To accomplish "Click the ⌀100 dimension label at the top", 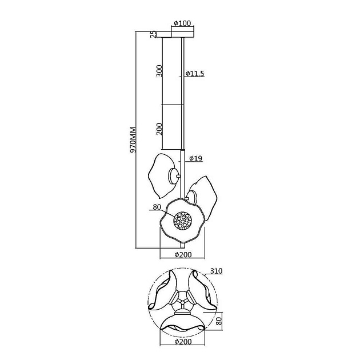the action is point(182,23).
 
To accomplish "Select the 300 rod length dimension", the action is point(159,71).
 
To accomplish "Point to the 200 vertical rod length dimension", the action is point(159,129).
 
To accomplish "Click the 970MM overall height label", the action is point(133,139).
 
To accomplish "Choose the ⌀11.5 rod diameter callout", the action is point(195,74).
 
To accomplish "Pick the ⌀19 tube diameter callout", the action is point(196,158).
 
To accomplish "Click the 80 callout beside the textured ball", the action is point(157,207).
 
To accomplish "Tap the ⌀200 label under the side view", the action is point(183,255).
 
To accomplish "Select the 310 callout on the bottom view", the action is point(217,271).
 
